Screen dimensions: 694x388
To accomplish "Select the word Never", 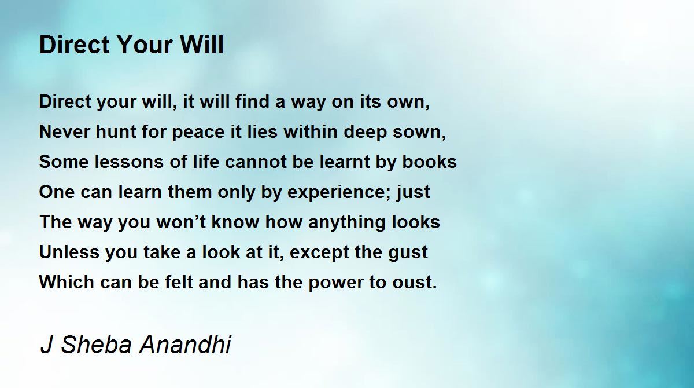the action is pos(64,131).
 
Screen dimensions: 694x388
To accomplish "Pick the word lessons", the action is pos(129,162).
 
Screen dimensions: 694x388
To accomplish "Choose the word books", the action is pos(429,162).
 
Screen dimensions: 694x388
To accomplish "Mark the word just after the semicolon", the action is pos(413,193).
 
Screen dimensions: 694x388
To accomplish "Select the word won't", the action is pos(181,222).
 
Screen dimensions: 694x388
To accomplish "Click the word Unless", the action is pos(69,252).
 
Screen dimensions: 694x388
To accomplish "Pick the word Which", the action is pos(67,282).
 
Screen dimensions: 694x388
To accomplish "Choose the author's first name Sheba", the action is pos(97,345).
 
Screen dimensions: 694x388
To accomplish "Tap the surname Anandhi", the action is pos(185,344).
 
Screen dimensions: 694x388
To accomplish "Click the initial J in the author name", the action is pos(46,345).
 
